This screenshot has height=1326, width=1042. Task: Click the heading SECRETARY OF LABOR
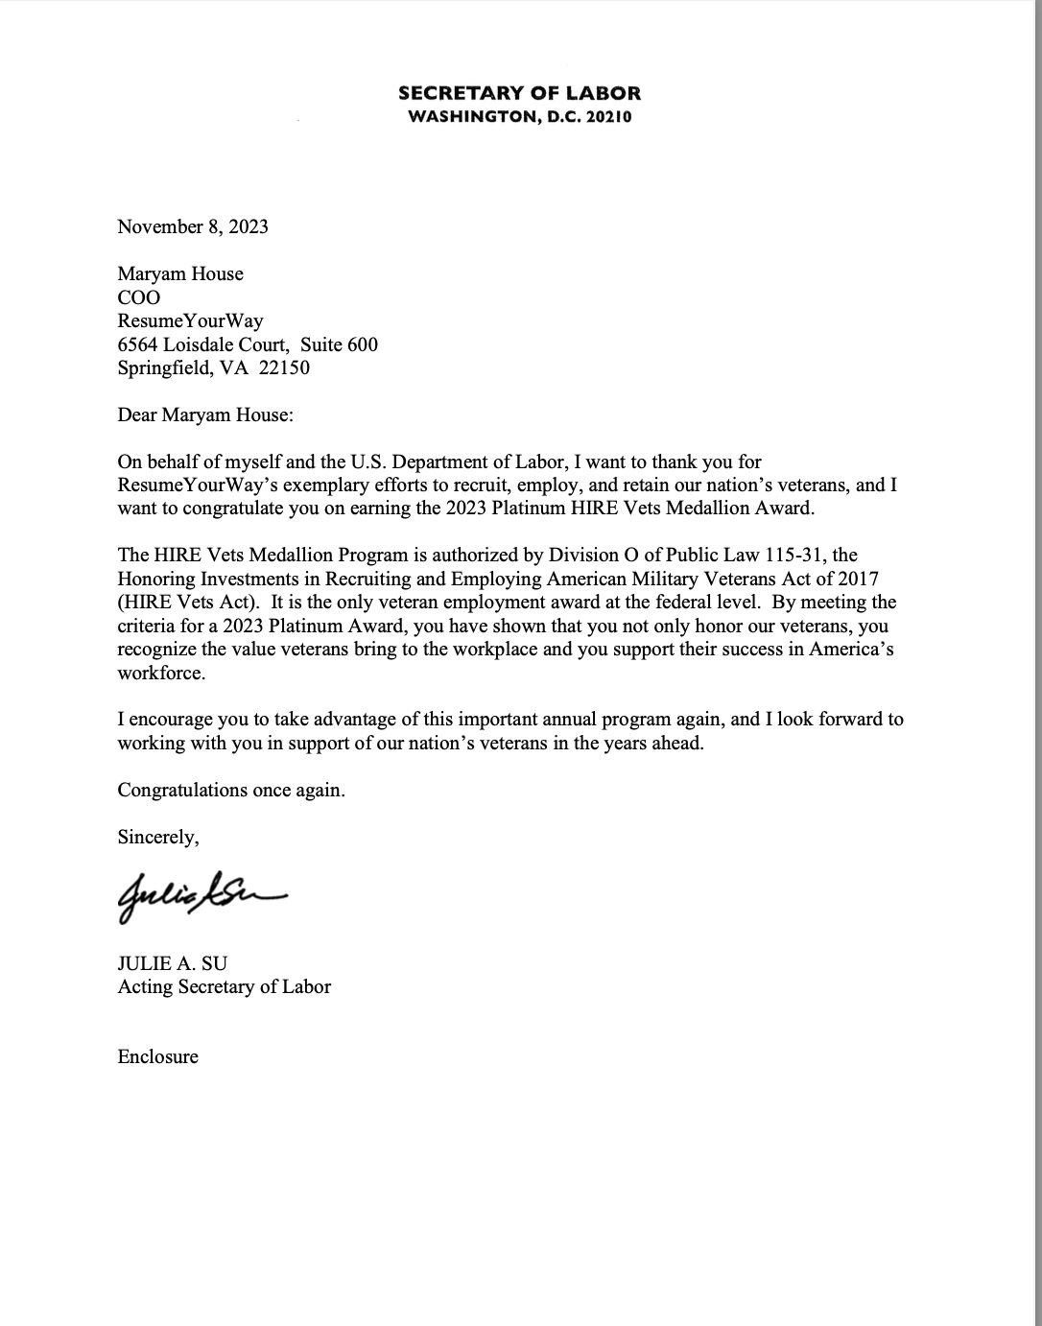click(519, 93)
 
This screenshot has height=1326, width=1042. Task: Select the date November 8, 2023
click(193, 226)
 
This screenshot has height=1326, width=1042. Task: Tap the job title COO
click(139, 297)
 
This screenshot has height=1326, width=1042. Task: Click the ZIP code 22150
click(284, 367)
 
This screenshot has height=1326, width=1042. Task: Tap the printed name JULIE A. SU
click(173, 963)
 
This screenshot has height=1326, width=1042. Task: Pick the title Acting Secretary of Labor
click(224, 986)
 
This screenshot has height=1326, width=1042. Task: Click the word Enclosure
click(157, 1056)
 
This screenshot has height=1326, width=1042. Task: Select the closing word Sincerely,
click(158, 837)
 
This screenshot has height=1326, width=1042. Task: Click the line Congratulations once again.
click(230, 790)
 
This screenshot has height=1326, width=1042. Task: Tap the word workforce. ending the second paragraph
click(161, 673)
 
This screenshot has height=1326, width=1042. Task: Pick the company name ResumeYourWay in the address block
click(190, 320)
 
